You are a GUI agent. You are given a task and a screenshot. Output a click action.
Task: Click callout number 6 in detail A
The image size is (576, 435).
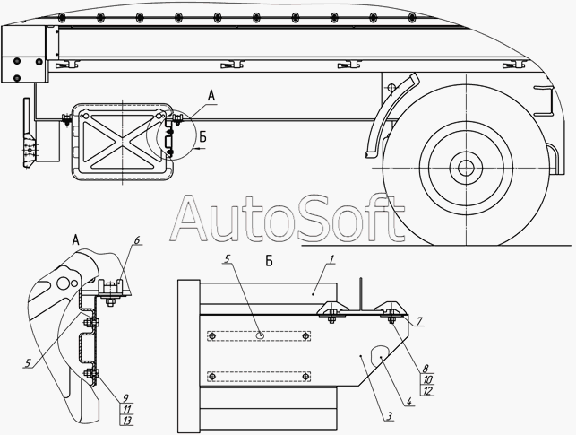(x=137, y=240)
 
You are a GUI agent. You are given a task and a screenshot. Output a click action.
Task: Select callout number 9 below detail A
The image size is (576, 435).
(x=125, y=398)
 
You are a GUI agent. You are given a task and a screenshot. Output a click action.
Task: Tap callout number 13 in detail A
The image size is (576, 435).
(x=127, y=421)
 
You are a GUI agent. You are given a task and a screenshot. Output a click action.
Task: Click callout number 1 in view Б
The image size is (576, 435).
(x=331, y=259)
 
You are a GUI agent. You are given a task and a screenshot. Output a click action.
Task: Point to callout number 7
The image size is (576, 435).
(x=419, y=321)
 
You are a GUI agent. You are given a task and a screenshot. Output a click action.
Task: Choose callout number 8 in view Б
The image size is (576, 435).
(x=426, y=369)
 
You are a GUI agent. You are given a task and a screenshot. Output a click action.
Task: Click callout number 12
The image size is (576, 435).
(x=427, y=391)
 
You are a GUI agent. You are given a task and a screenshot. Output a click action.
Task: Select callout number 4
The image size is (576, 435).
(x=409, y=401)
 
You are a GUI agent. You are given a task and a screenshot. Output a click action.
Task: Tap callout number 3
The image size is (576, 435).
(x=389, y=416)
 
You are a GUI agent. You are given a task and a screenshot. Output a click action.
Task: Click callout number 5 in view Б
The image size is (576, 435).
(x=227, y=258)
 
